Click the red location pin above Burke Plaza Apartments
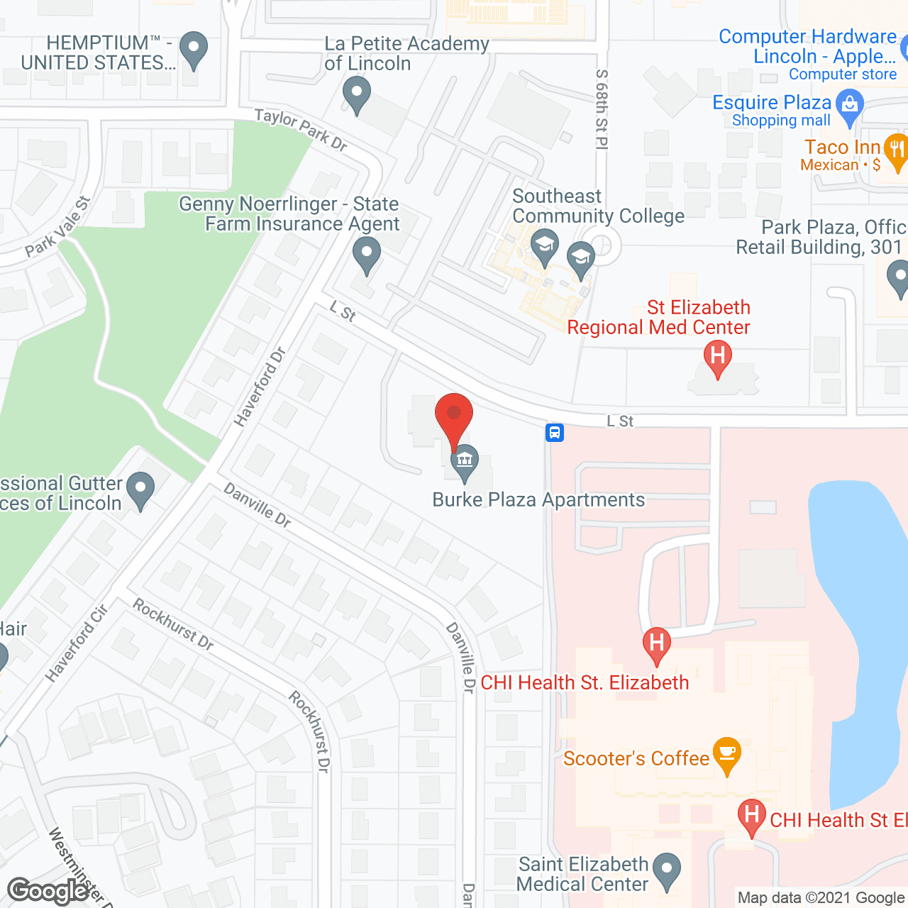(x=453, y=415)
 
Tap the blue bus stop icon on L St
(x=555, y=432)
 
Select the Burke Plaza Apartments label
(x=538, y=499)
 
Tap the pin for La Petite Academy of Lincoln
(x=356, y=94)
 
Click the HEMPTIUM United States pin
(x=193, y=49)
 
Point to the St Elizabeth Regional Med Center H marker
(x=717, y=357)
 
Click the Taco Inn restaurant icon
(x=897, y=150)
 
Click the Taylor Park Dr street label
(x=301, y=129)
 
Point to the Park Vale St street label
(x=58, y=226)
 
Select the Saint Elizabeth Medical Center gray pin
(x=666, y=870)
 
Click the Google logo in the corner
(x=48, y=891)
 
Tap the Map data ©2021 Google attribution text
(x=821, y=897)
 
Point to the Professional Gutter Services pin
(x=140, y=489)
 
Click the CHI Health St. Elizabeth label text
(x=585, y=682)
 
